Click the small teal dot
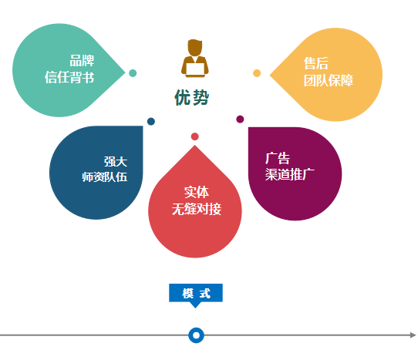(x=133, y=73)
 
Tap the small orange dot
(x=257, y=73)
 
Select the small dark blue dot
(x=151, y=121)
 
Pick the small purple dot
(x=240, y=119)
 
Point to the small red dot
(x=195, y=136)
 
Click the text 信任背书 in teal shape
(x=69, y=78)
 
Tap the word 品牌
(x=82, y=61)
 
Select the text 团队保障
(x=329, y=80)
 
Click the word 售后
(x=316, y=63)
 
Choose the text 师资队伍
(x=105, y=177)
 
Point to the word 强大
(x=116, y=161)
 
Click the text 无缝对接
(x=197, y=209)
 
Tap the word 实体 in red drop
(x=197, y=192)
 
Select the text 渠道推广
(x=290, y=174)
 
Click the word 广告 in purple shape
(x=278, y=158)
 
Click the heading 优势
(x=192, y=97)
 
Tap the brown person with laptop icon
(x=195, y=59)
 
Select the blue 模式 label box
(x=196, y=293)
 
